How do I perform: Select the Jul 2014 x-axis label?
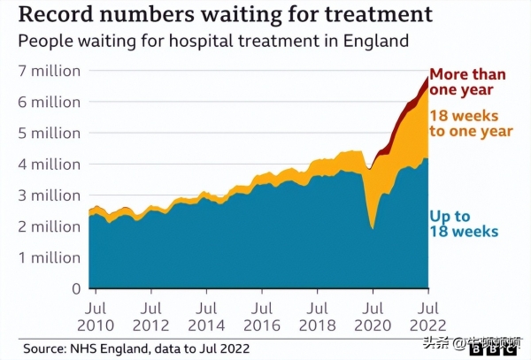coord(204,318)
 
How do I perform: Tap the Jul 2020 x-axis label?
coord(372,318)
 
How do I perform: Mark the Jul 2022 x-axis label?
coord(427,318)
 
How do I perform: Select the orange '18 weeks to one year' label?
coord(471,124)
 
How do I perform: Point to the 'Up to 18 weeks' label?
coord(464,223)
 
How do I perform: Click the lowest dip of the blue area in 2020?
coord(372,229)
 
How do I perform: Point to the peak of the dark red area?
coord(427,76)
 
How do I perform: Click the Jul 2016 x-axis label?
coord(260,318)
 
